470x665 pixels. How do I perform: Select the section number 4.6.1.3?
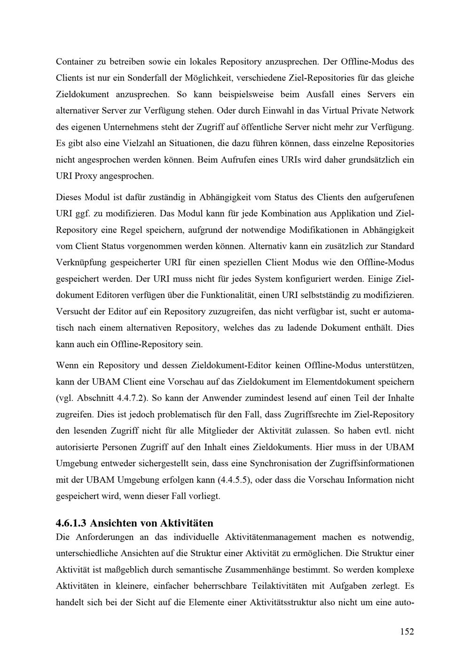71,523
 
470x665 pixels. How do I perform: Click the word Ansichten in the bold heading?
111,523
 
